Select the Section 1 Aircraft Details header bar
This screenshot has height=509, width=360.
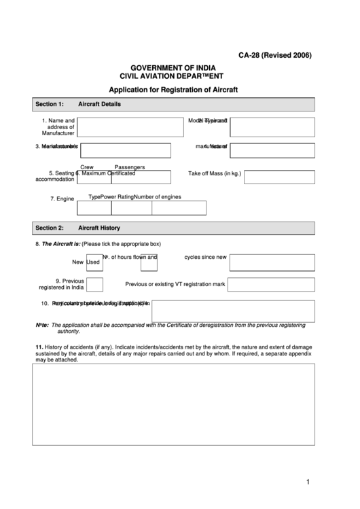click(173, 104)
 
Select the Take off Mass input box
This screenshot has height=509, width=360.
click(279, 177)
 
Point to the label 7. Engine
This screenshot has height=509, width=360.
click(62, 199)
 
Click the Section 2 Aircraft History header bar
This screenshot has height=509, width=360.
click(173, 228)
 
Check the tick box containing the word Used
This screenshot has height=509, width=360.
click(94, 262)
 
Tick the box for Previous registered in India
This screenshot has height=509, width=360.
click(95, 284)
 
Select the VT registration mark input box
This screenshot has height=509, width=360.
click(279, 284)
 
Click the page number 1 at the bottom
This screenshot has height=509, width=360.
click(308, 482)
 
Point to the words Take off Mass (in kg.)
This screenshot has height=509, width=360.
click(215, 174)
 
